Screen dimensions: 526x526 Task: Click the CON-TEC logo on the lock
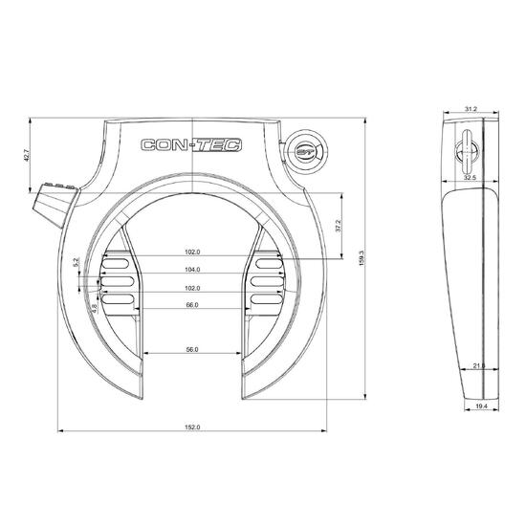[191, 145]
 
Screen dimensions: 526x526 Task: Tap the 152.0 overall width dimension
[192, 427]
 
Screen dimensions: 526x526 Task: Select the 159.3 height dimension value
[362, 258]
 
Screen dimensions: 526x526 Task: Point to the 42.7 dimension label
[27, 155]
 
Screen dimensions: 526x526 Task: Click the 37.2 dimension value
[339, 226]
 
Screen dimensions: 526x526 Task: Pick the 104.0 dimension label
[192, 270]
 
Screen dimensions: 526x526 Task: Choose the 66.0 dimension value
[192, 305]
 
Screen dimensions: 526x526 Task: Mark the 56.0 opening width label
[192, 349]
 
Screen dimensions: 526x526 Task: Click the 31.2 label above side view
[471, 109]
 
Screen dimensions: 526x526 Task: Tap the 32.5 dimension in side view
[470, 178]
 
